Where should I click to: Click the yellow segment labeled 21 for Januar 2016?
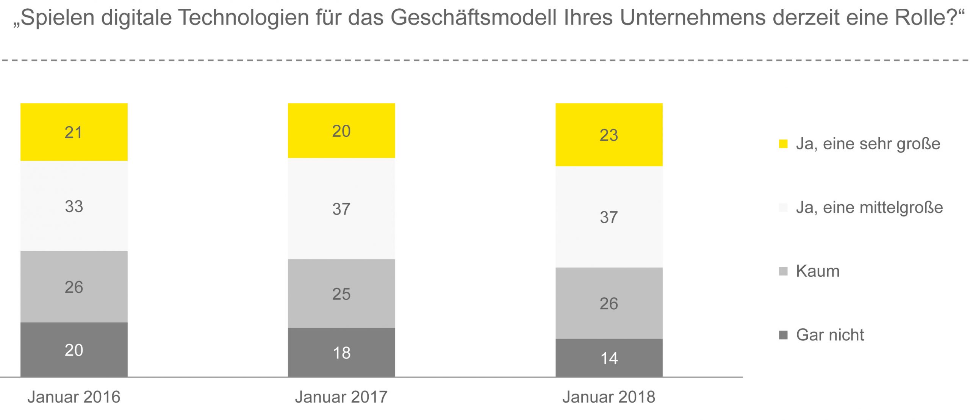(74, 132)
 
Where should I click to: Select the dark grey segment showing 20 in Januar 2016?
(74, 349)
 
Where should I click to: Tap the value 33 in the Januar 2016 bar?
(74, 206)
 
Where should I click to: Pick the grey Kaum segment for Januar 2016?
(74, 287)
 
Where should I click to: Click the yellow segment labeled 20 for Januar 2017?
(341, 130)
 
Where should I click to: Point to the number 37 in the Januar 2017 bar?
(341, 209)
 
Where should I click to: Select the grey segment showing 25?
(341, 294)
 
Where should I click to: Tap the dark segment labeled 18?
(341, 353)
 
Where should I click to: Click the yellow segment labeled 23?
(609, 135)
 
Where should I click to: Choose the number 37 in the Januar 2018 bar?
(609, 217)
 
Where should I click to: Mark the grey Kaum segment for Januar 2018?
(609, 303)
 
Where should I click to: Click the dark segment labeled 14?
(609, 358)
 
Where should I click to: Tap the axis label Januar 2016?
(74, 397)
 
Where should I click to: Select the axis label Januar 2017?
(341, 397)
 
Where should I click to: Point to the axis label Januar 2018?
(609, 397)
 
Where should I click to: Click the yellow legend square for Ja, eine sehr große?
(783, 144)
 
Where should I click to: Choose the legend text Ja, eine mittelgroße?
(869, 207)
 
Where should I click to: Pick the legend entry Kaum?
(818, 271)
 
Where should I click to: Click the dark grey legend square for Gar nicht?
(783, 335)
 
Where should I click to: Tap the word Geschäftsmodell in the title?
(474, 17)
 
